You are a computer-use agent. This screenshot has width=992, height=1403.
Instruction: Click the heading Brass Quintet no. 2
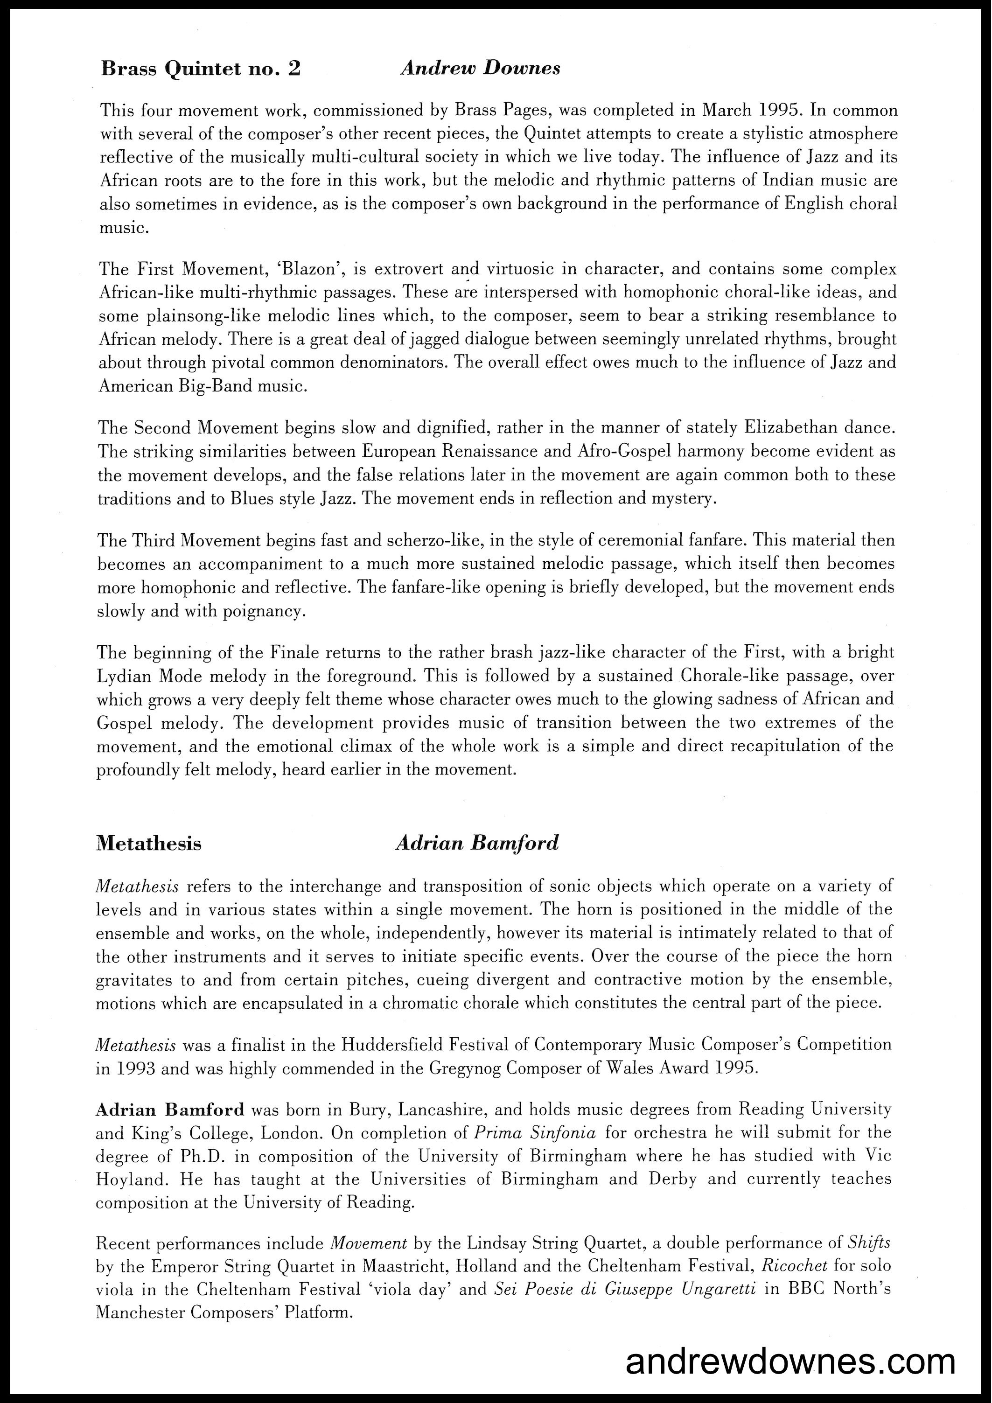point(201,69)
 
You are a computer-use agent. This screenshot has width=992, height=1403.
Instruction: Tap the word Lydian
point(126,676)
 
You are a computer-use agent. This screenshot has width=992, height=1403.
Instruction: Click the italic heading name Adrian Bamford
point(477,843)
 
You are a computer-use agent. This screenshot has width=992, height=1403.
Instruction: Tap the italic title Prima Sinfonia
point(535,1132)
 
